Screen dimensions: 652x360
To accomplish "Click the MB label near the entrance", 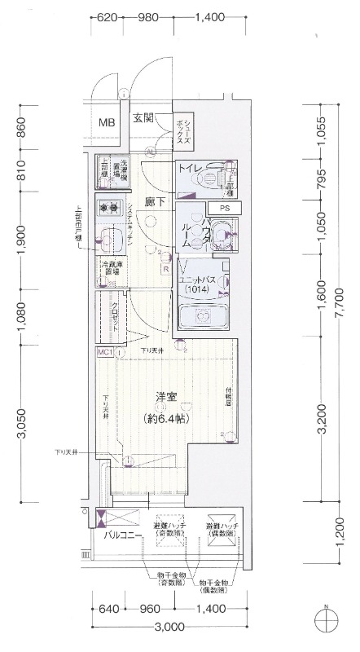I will click(107, 123).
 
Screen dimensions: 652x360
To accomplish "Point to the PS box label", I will click(225, 209).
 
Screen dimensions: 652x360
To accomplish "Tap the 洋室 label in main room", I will click(166, 397).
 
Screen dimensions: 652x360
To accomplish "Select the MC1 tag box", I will click(104, 352).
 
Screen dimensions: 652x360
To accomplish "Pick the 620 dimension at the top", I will click(108, 17).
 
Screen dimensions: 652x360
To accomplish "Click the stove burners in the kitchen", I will click(108, 208).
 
